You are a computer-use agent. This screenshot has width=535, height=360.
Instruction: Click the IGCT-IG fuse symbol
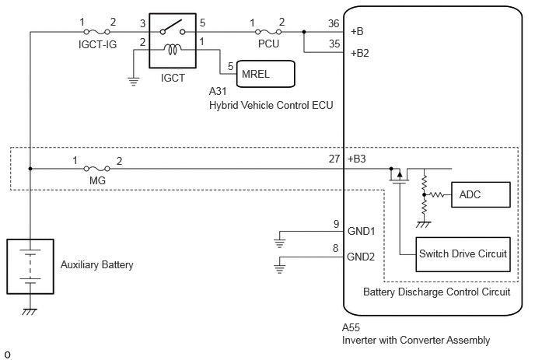click(97, 32)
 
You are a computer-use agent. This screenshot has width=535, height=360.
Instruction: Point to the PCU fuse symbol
click(268, 32)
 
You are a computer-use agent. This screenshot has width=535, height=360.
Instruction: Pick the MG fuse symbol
click(97, 169)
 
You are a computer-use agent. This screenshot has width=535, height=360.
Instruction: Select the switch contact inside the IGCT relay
click(173, 27)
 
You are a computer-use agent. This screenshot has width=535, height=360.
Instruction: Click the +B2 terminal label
click(360, 53)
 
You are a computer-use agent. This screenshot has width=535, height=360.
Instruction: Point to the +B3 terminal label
click(357, 159)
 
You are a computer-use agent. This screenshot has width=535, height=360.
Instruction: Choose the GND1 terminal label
click(361, 231)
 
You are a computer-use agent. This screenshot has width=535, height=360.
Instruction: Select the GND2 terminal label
click(361, 257)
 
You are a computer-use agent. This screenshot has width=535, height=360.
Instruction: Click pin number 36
click(334, 23)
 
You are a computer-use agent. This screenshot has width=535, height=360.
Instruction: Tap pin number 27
click(334, 159)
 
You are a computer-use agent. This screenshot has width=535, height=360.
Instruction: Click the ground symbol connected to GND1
click(279, 243)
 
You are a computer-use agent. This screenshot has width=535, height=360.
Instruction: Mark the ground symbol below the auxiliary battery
click(30, 312)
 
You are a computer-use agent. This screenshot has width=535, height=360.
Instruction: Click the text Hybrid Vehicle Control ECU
click(271, 105)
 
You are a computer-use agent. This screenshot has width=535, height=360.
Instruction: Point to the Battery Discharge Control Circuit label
click(437, 292)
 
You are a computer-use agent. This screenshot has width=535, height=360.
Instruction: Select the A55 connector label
click(351, 327)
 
